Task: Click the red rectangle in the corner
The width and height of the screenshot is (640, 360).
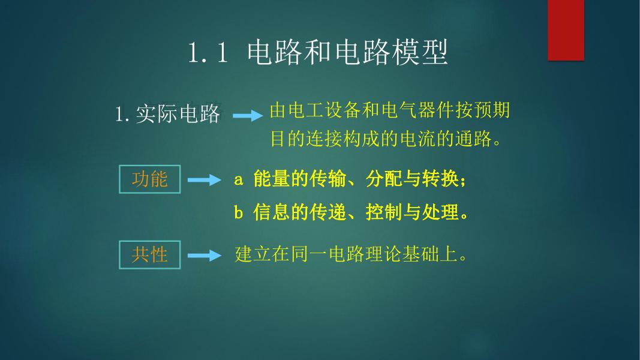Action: click(566, 30)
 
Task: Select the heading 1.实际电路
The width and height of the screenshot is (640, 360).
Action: click(167, 114)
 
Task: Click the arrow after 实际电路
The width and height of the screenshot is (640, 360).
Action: click(247, 116)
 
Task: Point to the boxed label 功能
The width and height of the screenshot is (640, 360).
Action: click(150, 179)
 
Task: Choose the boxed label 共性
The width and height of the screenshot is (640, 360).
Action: click(150, 254)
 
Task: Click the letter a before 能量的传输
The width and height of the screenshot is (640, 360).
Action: click(238, 179)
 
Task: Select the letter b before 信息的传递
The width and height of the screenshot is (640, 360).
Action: click(238, 212)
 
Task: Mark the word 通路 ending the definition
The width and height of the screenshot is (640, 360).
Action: click(474, 140)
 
